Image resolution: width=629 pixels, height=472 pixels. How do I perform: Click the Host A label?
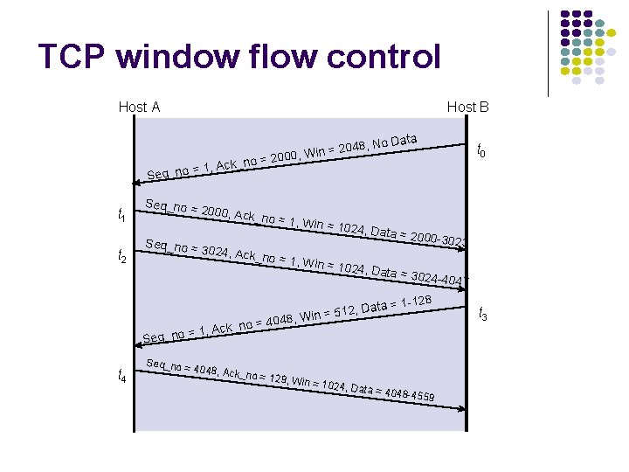pyautogui.click(x=139, y=107)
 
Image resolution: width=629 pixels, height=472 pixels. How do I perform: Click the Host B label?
pyautogui.click(x=467, y=107)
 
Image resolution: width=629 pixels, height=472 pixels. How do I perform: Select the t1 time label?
pyautogui.click(x=122, y=215)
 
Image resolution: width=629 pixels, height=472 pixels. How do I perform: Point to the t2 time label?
pyautogui.click(x=122, y=256)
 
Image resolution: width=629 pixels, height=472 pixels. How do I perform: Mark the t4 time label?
pyautogui.click(x=122, y=377)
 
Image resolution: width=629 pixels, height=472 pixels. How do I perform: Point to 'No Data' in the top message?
pyautogui.click(x=394, y=140)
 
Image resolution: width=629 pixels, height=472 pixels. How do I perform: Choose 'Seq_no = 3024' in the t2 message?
pyautogui.click(x=187, y=249)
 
